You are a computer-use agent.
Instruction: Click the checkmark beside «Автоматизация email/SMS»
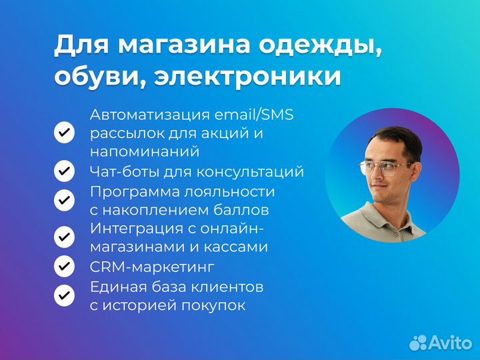pyautogui.click(x=64, y=133)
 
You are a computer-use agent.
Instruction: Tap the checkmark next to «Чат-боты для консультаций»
pyautogui.click(x=64, y=171)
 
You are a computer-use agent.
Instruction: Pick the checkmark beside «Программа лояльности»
pyautogui.click(x=64, y=200)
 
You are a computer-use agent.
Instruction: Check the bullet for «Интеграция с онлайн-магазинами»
pyautogui.click(x=64, y=237)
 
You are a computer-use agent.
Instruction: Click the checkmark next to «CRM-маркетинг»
pyautogui.click(x=64, y=267)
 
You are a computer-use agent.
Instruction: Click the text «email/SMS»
pyautogui.click(x=256, y=115)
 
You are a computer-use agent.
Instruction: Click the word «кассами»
pyautogui.click(x=237, y=247)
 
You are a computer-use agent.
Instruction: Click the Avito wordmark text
pyautogui.click(x=448, y=342)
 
